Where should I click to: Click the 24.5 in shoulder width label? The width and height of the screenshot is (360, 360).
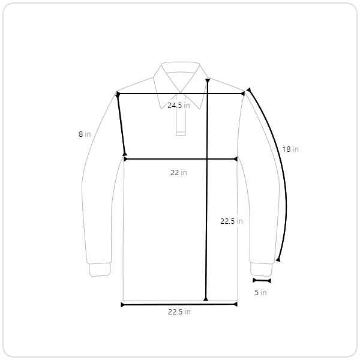click(179, 106)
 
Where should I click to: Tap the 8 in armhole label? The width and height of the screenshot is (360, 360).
click(85, 134)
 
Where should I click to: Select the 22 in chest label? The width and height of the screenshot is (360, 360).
click(179, 172)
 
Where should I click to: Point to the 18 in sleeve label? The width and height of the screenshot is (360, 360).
click(290, 149)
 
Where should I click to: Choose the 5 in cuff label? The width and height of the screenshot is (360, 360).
click(260, 293)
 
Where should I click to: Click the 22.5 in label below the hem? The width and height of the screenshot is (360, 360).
click(179, 312)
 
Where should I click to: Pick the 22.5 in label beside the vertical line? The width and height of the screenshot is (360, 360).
click(232, 221)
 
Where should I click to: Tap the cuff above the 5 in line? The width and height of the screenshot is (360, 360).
click(261, 269)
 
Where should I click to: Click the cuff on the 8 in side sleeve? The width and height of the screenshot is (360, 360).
click(100, 269)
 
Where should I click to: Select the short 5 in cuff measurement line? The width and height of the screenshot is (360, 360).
click(262, 281)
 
